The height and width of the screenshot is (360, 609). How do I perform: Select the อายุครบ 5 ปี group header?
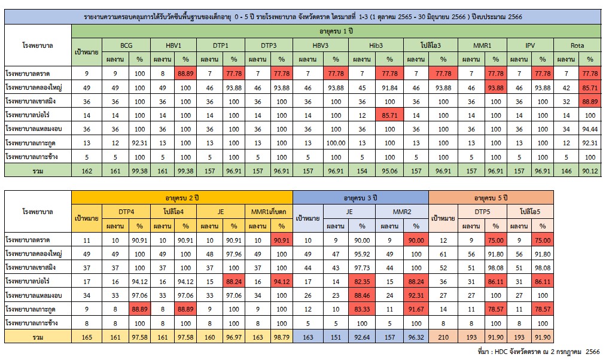pyautogui.click(x=491, y=196)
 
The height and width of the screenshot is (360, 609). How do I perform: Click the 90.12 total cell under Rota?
pyautogui.click(x=590, y=170)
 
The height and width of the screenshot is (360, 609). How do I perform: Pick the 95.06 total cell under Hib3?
pyautogui.click(x=389, y=170)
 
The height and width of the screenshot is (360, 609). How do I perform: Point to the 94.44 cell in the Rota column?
pyautogui.click(x=590, y=129)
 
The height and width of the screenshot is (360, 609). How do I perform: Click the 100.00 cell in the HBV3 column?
pyautogui.click(x=336, y=142)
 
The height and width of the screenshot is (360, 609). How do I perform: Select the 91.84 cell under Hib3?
pyautogui.click(x=389, y=87)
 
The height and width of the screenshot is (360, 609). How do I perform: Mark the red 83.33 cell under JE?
pyautogui.click(x=361, y=310)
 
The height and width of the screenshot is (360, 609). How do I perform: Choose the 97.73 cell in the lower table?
pyautogui.click(x=361, y=268)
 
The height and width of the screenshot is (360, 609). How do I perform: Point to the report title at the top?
pyautogui.click(x=303, y=16)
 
